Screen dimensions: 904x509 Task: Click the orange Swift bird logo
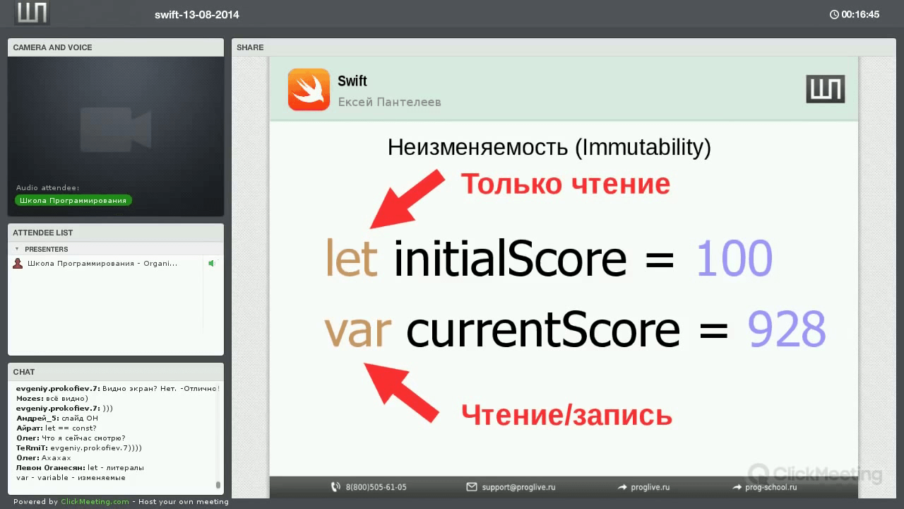[309, 89]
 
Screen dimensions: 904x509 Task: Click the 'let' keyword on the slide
[352, 258]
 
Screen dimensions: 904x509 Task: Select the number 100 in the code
[734, 258]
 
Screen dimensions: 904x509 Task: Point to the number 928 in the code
[787, 329]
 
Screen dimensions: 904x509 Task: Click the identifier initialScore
[510, 258]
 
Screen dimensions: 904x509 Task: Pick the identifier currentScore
[543, 329]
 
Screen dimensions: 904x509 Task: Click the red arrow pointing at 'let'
[407, 199]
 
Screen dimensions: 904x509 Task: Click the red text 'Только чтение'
[566, 185]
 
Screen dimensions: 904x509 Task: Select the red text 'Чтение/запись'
[566, 415]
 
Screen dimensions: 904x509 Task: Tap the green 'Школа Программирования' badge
[73, 200]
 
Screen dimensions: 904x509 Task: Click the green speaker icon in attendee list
[211, 264]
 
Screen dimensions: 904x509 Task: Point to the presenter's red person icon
[18, 264]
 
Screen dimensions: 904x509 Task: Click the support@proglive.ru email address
[518, 487]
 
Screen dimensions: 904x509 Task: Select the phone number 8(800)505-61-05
[376, 487]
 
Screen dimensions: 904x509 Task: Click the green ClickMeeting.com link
[95, 501]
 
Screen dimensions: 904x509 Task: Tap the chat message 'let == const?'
[71, 428]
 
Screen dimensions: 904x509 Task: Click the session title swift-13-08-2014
[197, 15]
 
